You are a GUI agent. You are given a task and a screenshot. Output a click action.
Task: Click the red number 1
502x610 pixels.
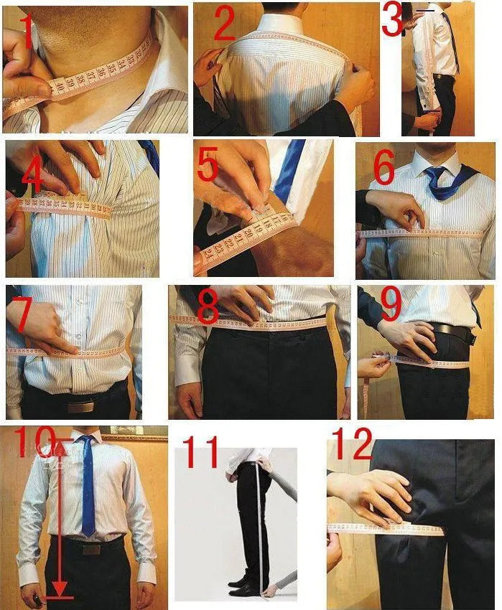point(27,32)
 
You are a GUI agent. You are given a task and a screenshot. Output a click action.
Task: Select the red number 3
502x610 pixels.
point(392,20)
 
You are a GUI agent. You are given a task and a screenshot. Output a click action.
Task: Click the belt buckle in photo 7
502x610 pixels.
point(80,406)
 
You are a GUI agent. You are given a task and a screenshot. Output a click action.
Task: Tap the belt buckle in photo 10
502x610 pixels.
point(90,549)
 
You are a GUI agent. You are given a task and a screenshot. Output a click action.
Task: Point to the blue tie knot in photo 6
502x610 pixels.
point(436,174)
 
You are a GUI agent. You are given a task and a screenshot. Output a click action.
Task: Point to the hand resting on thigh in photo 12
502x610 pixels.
point(373,495)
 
